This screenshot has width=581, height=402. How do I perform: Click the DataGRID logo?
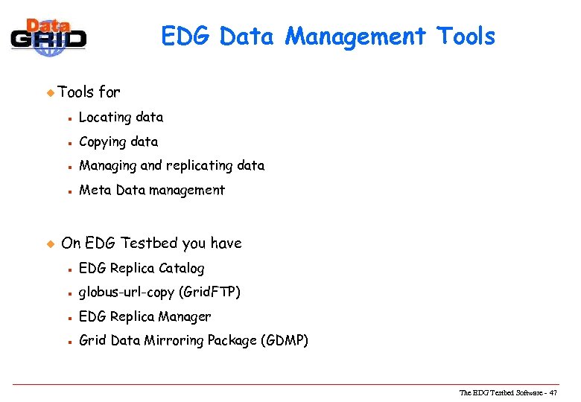(49, 35)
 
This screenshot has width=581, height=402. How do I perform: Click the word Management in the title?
(355, 36)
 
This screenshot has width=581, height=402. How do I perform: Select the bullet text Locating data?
(121, 117)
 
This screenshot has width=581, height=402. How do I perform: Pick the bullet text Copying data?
(118, 141)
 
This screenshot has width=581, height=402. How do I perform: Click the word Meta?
(94, 190)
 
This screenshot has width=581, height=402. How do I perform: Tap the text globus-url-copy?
(127, 293)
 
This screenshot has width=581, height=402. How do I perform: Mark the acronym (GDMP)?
(284, 341)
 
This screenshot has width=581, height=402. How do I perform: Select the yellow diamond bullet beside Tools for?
(51, 93)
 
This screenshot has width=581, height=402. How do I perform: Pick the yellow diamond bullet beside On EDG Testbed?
(51, 243)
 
